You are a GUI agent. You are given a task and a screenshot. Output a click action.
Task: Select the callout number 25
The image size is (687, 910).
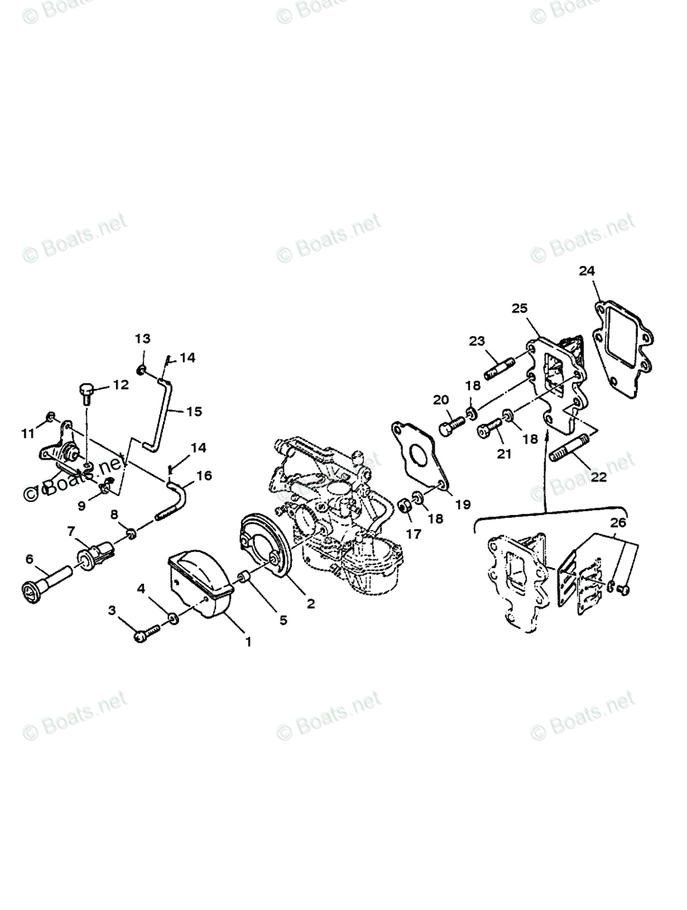pyautogui.click(x=519, y=308)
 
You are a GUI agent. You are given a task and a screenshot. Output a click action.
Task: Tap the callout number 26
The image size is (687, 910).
pyautogui.click(x=618, y=522)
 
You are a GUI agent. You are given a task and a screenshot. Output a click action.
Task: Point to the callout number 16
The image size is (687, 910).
pyautogui.click(x=205, y=476)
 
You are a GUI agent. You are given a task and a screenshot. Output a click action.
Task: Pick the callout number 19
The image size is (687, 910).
pyautogui.click(x=463, y=504)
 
